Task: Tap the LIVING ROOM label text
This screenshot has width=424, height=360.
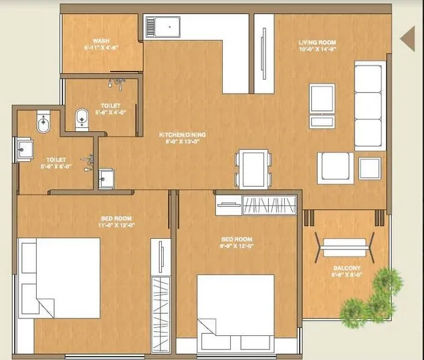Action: pos(316,43)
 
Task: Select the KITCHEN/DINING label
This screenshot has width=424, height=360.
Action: pos(182,134)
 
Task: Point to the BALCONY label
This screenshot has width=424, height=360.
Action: pos(347,268)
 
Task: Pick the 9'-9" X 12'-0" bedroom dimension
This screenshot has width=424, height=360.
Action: pos(238,246)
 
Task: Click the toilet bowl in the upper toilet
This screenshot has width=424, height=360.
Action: pos(81,119)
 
